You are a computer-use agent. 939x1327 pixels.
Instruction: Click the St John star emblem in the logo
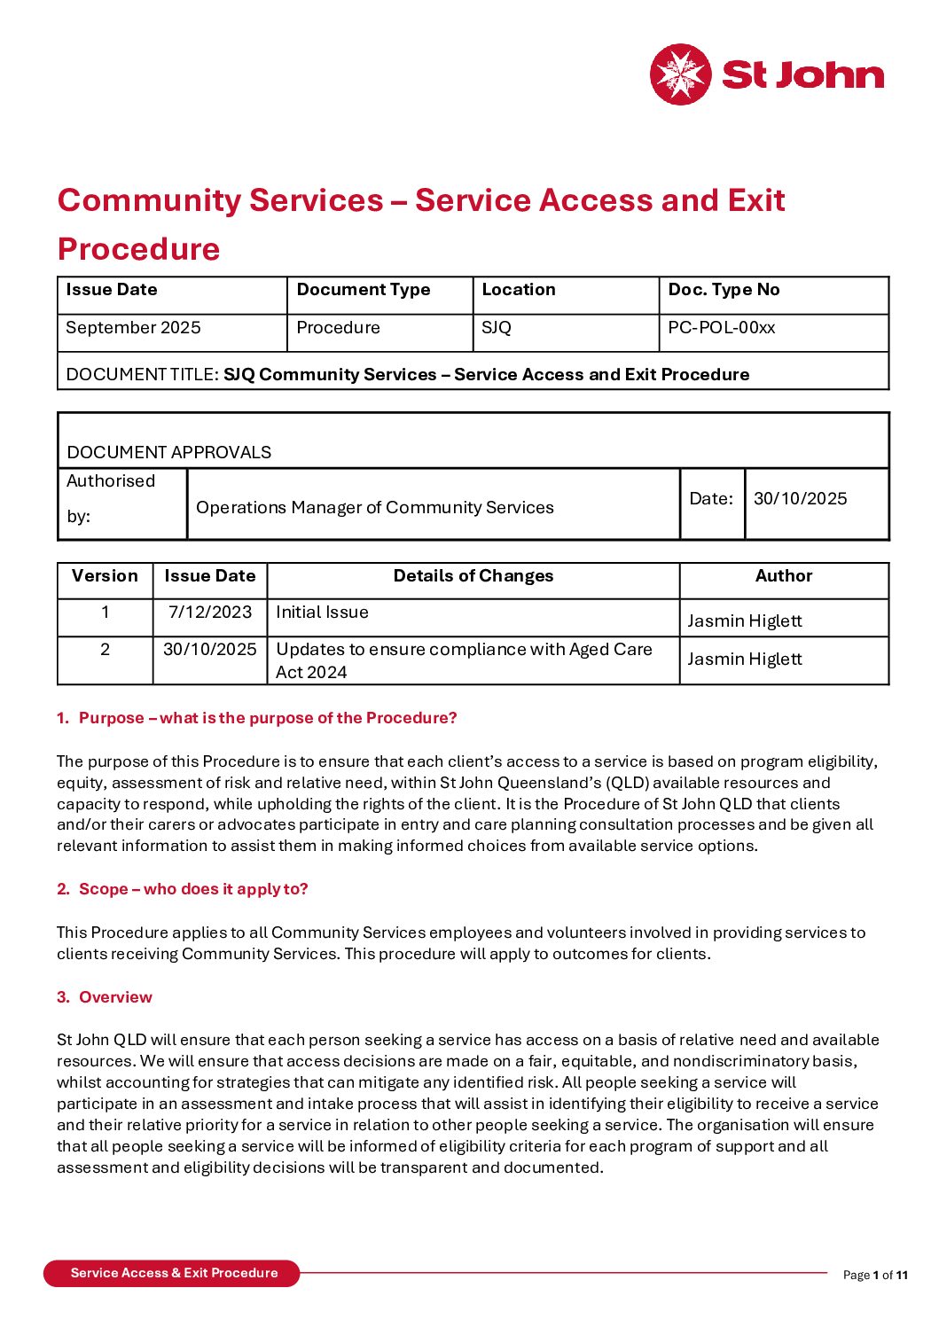(x=680, y=74)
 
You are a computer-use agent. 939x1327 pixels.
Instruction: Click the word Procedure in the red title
(x=138, y=249)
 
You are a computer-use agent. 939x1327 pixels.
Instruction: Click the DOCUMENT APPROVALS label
(x=169, y=452)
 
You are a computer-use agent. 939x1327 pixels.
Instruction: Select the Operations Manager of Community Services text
(x=374, y=508)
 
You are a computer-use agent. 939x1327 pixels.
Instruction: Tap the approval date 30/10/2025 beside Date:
(x=800, y=499)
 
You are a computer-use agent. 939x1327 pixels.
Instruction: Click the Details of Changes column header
(x=473, y=576)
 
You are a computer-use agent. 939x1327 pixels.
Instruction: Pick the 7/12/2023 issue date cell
(x=210, y=613)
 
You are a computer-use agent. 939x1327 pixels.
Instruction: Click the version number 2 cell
(x=105, y=650)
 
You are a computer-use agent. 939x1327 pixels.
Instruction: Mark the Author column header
(x=784, y=576)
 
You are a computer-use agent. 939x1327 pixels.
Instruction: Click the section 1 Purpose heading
(x=257, y=718)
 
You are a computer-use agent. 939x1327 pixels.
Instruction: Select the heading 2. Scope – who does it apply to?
(x=183, y=889)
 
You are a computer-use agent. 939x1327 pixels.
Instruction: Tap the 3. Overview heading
(x=105, y=997)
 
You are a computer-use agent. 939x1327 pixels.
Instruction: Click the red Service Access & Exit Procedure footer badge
(x=173, y=1273)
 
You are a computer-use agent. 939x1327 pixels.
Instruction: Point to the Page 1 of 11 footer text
(x=875, y=1276)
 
